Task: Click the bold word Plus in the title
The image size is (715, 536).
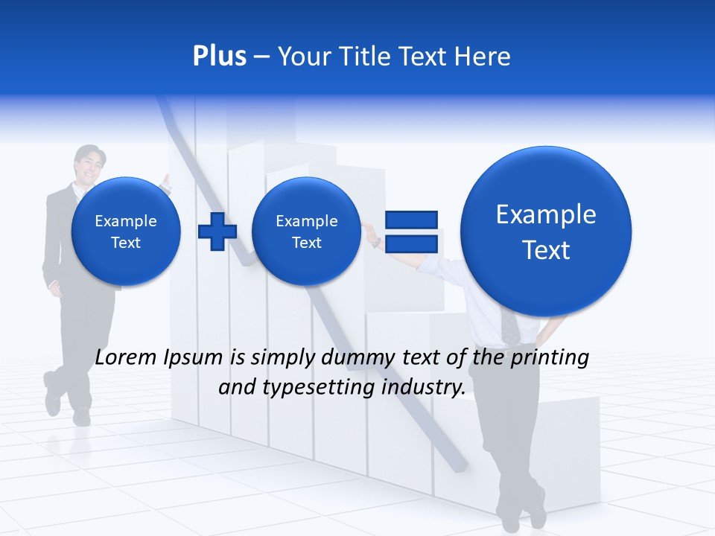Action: (x=219, y=57)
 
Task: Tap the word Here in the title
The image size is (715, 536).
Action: (x=483, y=57)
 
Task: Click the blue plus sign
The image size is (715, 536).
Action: (x=217, y=232)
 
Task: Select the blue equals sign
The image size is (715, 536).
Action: (x=410, y=232)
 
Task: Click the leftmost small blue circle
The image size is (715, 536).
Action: (x=126, y=232)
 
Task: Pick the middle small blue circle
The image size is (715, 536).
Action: (x=307, y=232)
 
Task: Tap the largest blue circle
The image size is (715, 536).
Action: (x=546, y=232)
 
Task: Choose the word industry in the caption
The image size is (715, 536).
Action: (x=424, y=388)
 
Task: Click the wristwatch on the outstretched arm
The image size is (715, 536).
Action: (x=378, y=241)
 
